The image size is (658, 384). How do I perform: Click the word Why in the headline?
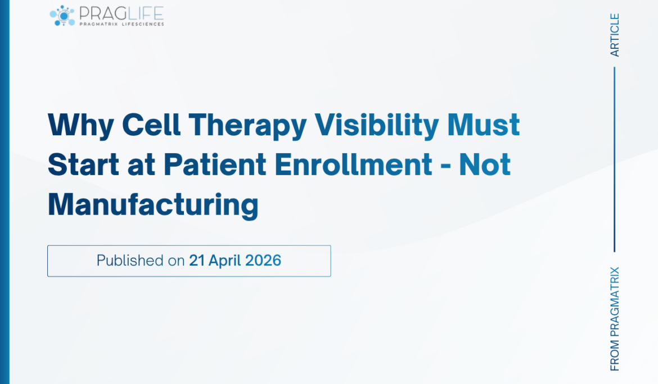pos(79,125)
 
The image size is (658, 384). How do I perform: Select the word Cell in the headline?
pos(148,125)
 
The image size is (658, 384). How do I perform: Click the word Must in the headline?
pos(484,125)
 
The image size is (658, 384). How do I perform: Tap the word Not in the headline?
pos(485,165)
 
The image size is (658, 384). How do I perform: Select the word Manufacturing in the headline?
pos(153,205)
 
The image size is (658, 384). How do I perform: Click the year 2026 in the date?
pos(263,260)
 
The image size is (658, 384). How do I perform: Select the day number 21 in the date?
pos(197,260)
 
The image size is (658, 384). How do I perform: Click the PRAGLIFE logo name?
pos(121,12)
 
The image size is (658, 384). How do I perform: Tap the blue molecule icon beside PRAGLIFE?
pos(62,15)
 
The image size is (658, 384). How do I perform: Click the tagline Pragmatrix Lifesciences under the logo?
pos(121,24)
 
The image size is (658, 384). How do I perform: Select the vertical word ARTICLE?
pos(615,35)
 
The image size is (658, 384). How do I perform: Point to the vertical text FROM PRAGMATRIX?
pos(615,318)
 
